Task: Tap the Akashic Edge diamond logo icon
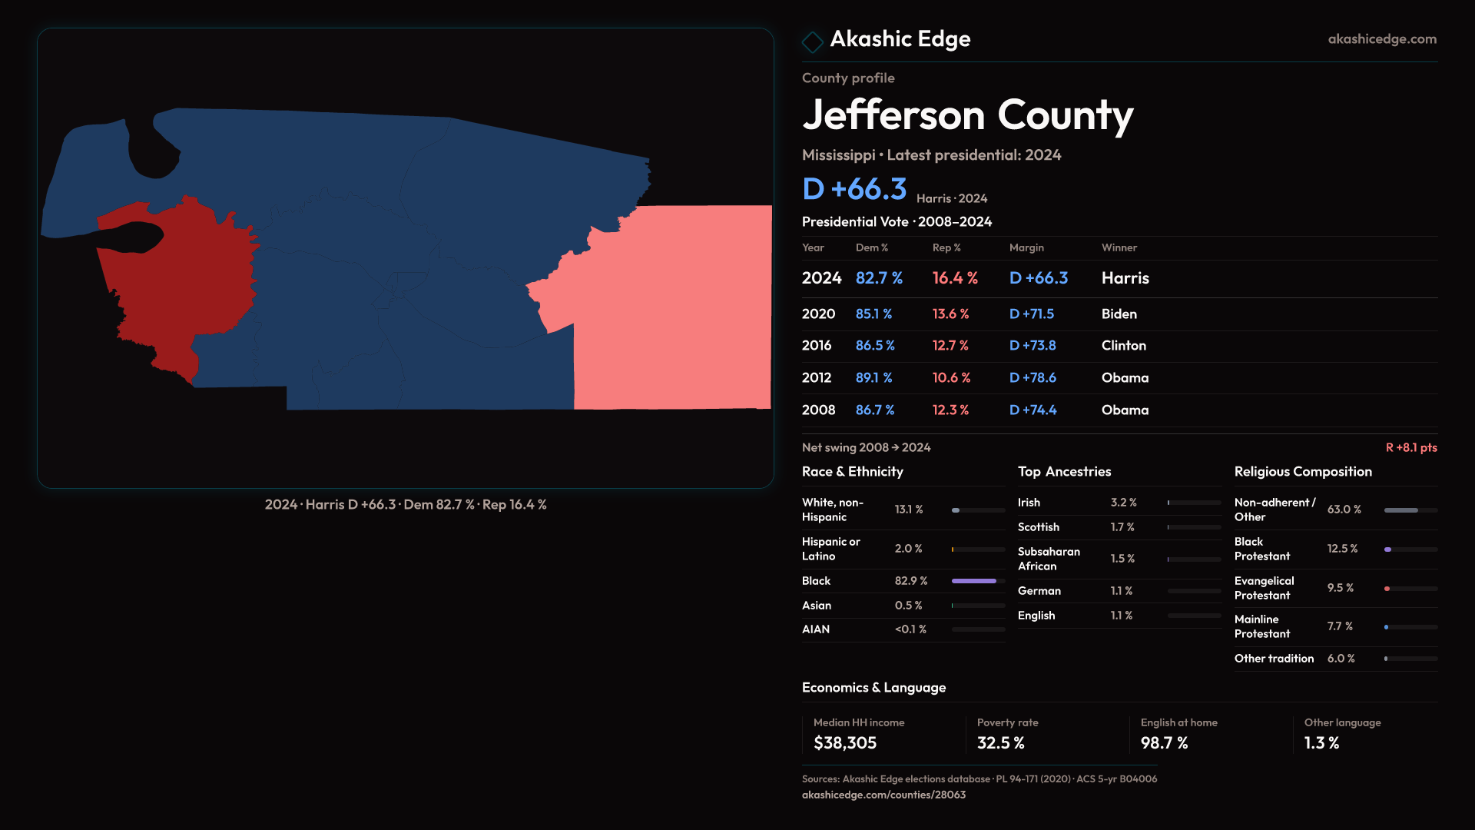tap(812, 41)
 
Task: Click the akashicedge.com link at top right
tap(1381, 38)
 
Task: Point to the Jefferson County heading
tap(967, 115)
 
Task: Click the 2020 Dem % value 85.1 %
tap(873, 314)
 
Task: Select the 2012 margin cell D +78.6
tap(1032, 377)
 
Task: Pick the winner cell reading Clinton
tap(1123, 345)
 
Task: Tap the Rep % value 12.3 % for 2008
tap(950, 410)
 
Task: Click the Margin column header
tap(1026, 247)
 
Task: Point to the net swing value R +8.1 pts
tap(1410, 447)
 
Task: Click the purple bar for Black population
tap(973, 581)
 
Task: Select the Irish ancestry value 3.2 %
tap(1123, 502)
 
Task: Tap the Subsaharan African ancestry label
tap(1049, 559)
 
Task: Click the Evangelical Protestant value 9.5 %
tap(1340, 588)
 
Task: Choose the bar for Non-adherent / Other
tap(1401, 510)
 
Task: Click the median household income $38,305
tap(844, 742)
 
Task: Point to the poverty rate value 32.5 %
tap(1000, 742)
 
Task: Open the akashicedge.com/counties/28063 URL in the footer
tap(883, 795)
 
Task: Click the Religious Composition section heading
tap(1302, 471)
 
